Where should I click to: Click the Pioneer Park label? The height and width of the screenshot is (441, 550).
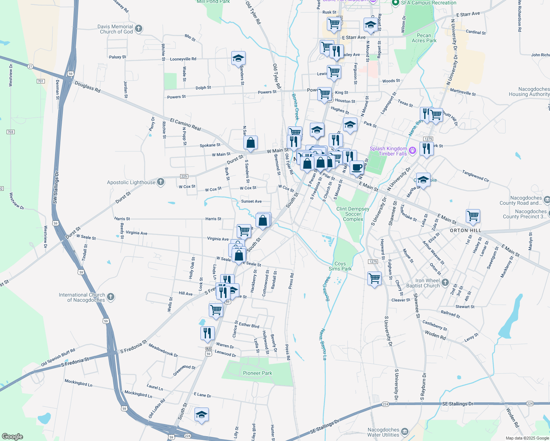pos(257,373)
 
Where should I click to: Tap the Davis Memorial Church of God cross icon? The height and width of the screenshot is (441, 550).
pos(139,28)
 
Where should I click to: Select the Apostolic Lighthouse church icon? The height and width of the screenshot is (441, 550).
pos(161,182)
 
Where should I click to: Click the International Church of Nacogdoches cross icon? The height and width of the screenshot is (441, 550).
pos(111,297)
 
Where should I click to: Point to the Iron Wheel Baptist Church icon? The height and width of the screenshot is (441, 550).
pos(445,282)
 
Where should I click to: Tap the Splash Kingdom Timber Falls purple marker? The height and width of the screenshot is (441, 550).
pos(413,150)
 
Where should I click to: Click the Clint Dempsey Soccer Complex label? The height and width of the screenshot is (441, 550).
pos(353,214)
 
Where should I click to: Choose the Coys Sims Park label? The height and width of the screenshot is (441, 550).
pos(340,266)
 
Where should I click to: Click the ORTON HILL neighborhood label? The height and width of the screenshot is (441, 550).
pos(465,230)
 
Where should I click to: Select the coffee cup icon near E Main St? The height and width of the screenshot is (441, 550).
pos(356,167)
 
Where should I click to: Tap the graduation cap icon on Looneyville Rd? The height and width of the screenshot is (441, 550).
pos(238,58)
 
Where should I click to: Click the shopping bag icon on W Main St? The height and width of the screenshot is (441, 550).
pos(250,143)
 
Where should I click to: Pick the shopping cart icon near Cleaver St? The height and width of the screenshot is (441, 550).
pos(374,278)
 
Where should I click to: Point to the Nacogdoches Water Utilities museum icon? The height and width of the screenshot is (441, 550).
pos(404,431)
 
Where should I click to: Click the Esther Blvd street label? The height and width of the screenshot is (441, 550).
pos(249,325)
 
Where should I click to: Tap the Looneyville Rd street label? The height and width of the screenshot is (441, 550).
pos(183,59)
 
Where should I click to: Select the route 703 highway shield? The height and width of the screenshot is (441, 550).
pos(11,132)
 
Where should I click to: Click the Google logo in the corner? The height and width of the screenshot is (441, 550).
pos(12,436)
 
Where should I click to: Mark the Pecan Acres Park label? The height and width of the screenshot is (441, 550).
pos(424,38)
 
